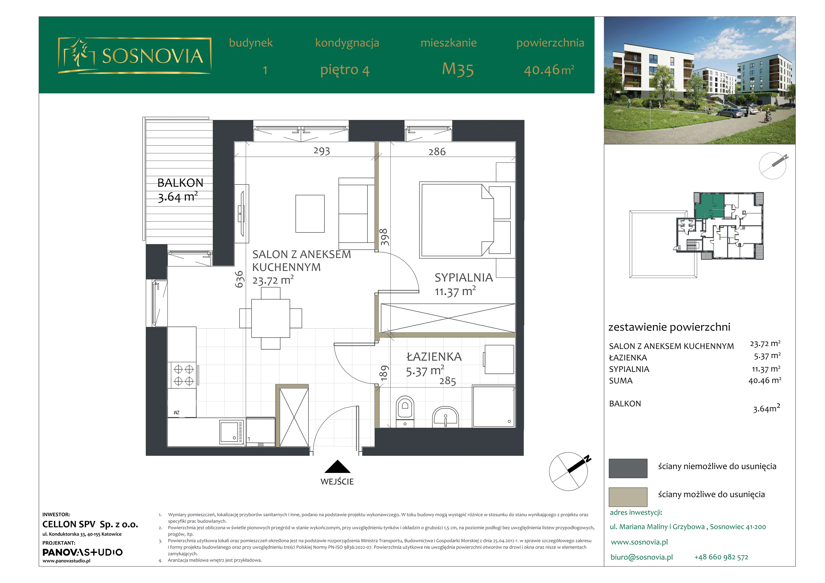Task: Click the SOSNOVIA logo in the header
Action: click(x=134, y=56)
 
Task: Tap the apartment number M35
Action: click(x=458, y=69)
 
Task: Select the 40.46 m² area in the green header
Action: click(x=549, y=70)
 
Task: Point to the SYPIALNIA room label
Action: click(x=464, y=277)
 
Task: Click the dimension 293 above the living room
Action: click(x=321, y=151)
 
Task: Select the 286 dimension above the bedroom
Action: click(x=437, y=152)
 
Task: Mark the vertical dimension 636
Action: click(x=239, y=279)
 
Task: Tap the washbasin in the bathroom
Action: click(x=445, y=417)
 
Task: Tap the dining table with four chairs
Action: click(x=270, y=318)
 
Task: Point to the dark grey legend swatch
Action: click(x=628, y=468)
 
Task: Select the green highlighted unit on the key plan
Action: click(x=709, y=206)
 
